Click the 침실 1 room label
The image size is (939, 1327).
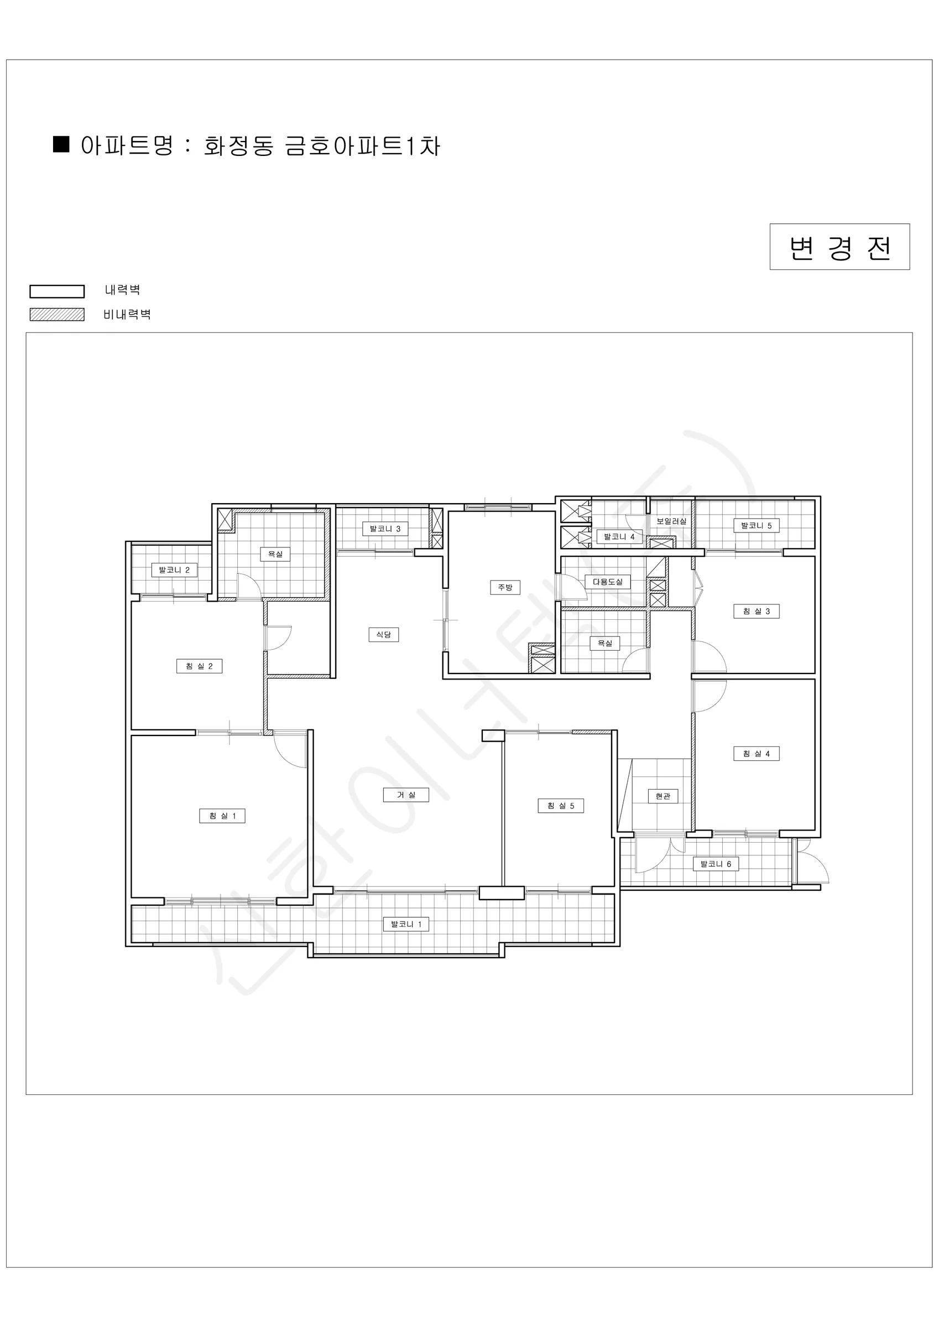222,816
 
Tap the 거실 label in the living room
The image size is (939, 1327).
406,795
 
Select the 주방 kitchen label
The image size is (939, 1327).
505,587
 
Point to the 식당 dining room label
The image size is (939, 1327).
383,635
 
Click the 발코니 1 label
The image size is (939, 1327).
406,924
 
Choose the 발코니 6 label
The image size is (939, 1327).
715,864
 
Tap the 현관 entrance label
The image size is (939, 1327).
662,796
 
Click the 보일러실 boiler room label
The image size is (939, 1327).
671,521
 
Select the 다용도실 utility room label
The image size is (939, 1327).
607,582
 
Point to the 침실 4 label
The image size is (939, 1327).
757,754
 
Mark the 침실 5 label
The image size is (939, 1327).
561,806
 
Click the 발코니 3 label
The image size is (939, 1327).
385,529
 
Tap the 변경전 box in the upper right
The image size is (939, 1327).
839,247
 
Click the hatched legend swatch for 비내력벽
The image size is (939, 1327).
56,315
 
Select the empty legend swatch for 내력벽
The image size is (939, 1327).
56,291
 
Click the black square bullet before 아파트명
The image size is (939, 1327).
61,144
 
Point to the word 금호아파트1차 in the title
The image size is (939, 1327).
363,145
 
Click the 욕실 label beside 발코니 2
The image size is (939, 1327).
275,554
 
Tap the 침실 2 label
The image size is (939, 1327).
199,666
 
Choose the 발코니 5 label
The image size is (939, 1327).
757,525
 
